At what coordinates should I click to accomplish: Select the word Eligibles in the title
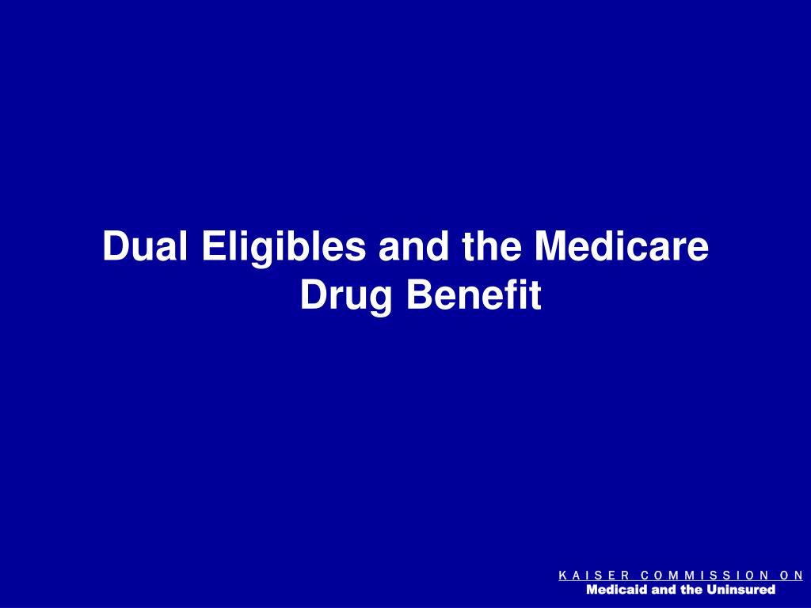pyautogui.click(x=284, y=249)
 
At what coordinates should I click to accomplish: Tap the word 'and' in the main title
pyautogui.click(x=412, y=247)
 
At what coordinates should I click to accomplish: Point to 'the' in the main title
pyautogui.click(x=487, y=247)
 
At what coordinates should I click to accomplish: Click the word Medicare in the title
pyautogui.click(x=621, y=247)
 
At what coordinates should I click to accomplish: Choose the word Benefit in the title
pyautogui.click(x=474, y=294)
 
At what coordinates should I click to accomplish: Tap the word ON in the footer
pyautogui.click(x=788, y=576)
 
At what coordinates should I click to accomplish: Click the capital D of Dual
pyautogui.click(x=114, y=247)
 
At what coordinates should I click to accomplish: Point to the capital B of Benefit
pyautogui.click(x=418, y=294)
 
